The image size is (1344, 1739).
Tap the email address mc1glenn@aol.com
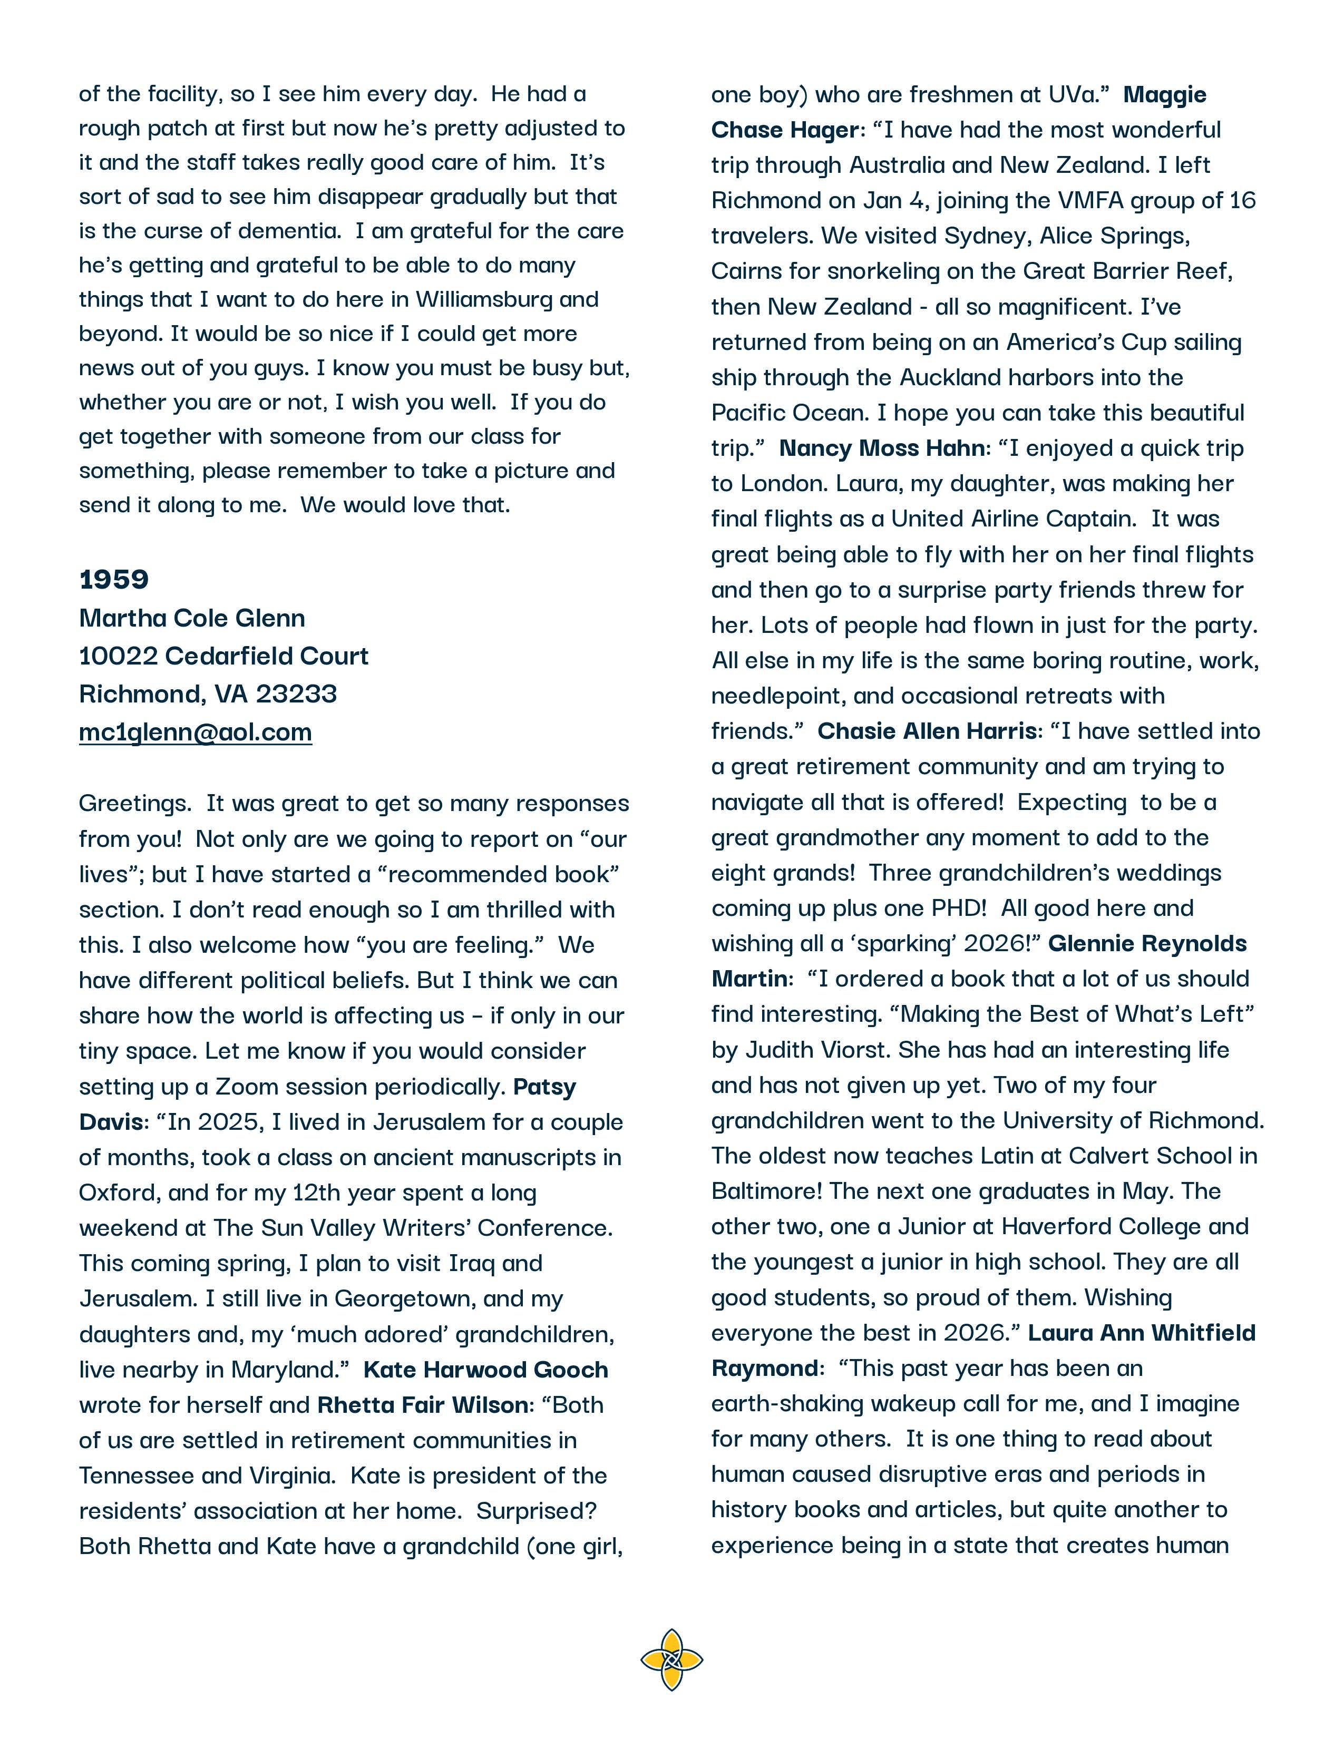[195, 732]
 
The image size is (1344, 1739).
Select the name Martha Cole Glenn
[192, 618]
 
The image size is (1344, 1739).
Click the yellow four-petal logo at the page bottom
[671, 1659]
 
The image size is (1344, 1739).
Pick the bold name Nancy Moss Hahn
[881, 448]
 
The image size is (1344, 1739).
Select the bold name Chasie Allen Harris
[927, 731]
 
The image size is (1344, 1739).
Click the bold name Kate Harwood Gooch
[486, 1370]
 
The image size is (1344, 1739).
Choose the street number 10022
[118, 656]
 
